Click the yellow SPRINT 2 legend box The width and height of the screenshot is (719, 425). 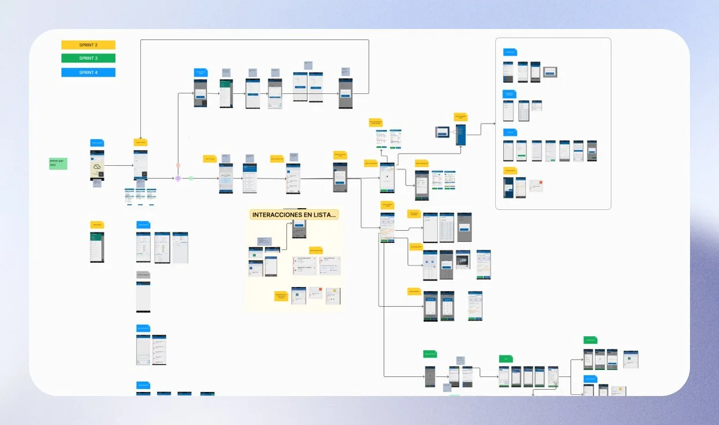(88, 45)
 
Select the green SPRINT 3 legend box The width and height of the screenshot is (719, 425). (88, 58)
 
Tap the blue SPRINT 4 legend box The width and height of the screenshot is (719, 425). (88, 72)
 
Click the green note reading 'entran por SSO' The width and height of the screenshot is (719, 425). (57, 164)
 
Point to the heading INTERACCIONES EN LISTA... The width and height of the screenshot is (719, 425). (294, 215)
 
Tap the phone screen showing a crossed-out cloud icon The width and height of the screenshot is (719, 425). (97, 165)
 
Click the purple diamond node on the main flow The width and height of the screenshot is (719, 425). (178, 178)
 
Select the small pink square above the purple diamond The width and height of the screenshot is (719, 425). (178, 166)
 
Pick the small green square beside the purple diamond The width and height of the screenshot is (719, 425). (191, 178)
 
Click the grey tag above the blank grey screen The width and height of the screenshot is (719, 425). (143, 274)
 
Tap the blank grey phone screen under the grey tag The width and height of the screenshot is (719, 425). (143, 297)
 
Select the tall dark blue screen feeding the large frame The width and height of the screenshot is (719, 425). (460, 135)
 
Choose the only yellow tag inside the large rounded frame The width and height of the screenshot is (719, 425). (510, 170)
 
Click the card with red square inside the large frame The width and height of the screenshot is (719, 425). (536, 186)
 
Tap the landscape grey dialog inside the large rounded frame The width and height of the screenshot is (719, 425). (550, 72)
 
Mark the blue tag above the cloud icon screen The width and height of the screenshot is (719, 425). (97, 143)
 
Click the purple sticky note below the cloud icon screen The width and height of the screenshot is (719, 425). (97, 184)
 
